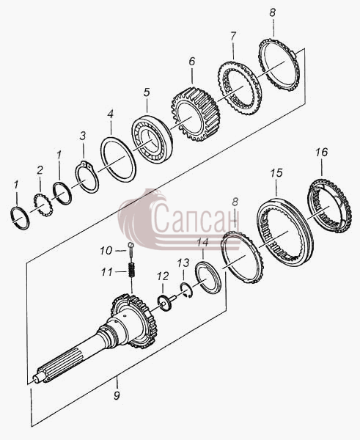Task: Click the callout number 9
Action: pyautogui.click(x=117, y=395)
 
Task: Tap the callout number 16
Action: pyautogui.click(x=321, y=152)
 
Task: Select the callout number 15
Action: pyautogui.click(x=276, y=173)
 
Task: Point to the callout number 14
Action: pyautogui.click(x=202, y=243)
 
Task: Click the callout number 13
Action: pyautogui.click(x=183, y=263)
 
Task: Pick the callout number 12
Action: pyautogui.click(x=163, y=276)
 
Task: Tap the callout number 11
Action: pyautogui.click(x=107, y=271)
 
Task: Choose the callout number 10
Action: pyautogui.click(x=106, y=250)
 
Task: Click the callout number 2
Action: pyautogui.click(x=40, y=169)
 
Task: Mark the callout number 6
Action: pyautogui.click(x=191, y=61)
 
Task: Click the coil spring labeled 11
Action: pyautogui.click(x=131, y=269)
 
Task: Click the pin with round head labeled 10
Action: pyautogui.click(x=131, y=249)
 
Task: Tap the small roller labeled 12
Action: pyautogui.click(x=165, y=303)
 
